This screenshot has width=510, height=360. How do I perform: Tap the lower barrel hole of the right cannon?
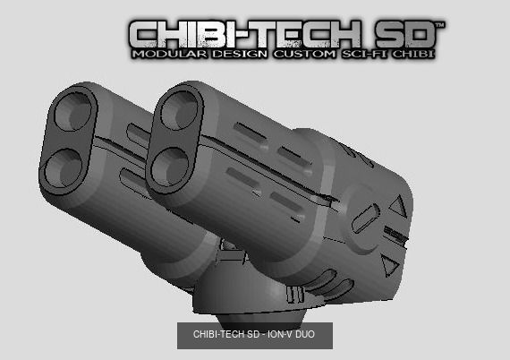point(169,165)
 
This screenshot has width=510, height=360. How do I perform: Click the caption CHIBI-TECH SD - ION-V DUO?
point(254,336)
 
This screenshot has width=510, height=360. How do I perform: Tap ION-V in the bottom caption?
point(284,336)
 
